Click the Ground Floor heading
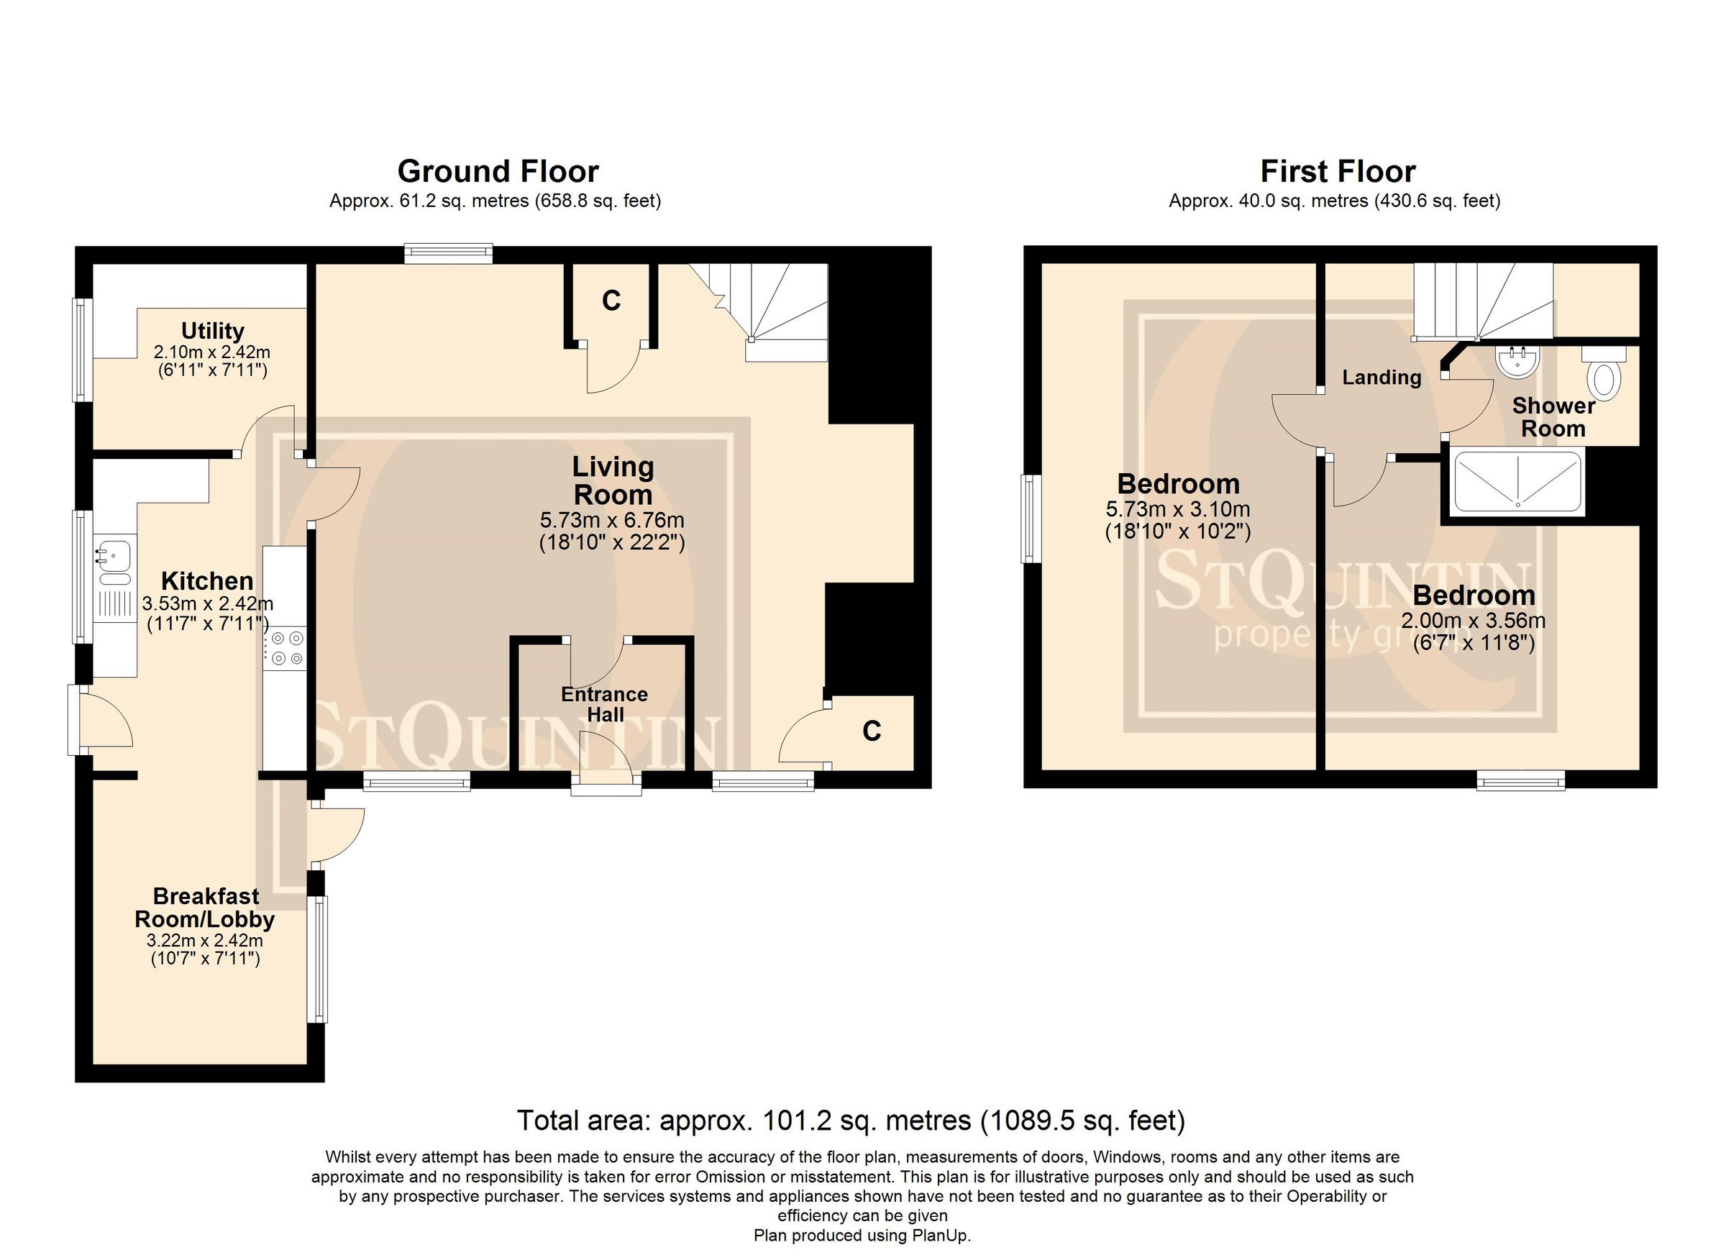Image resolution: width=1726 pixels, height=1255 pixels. click(x=498, y=172)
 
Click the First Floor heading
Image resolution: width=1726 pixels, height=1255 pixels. click(x=1337, y=172)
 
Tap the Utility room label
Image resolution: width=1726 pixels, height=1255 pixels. click(x=212, y=331)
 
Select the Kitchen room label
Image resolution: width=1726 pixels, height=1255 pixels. click(x=207, y=581)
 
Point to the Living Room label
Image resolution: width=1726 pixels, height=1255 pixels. click(x=613, y=481)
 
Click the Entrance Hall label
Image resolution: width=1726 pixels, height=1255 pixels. click(x=604, y=704)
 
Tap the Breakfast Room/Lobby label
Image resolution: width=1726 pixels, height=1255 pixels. click(x=205, y=908)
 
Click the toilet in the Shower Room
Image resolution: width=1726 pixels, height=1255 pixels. click(x=1604, y=378)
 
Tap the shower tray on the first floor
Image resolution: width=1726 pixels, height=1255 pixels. click(x=1517, y=482)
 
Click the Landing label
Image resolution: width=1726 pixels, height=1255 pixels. click(x=1382, y=378)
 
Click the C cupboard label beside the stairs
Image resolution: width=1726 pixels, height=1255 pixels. click(x=611, y=301)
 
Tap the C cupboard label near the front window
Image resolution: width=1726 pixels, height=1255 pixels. click(x=872, y=731)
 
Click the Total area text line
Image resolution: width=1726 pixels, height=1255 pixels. click(x=851, y=1121)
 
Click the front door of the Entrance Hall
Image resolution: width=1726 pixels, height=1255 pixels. click(x=606, y=761)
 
